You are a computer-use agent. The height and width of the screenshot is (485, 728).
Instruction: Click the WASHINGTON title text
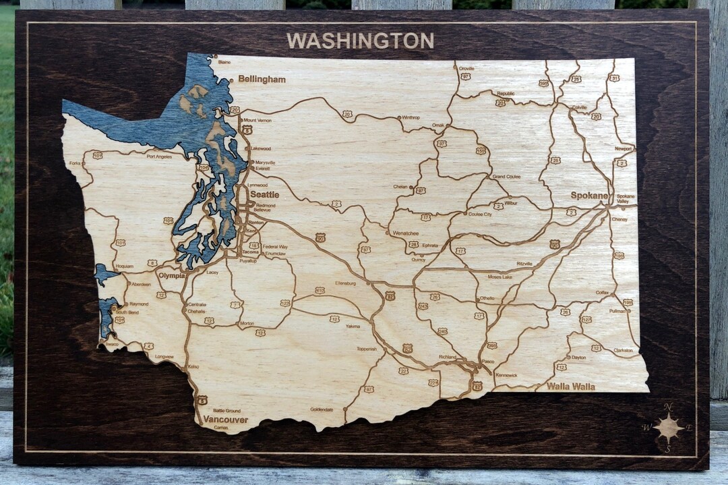360,41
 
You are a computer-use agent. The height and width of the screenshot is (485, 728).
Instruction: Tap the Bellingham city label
262,79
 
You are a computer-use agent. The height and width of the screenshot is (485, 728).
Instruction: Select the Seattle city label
264,194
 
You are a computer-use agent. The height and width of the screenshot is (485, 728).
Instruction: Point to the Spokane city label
589,195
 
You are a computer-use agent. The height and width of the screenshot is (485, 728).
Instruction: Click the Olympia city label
171,275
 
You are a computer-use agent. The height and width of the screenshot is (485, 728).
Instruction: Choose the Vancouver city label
225,420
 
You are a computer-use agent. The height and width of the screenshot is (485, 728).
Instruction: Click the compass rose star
668,427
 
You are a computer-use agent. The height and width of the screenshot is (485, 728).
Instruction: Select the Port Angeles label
159,156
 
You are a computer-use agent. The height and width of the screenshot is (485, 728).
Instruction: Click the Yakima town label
353,326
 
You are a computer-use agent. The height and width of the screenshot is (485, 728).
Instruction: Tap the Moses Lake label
500,277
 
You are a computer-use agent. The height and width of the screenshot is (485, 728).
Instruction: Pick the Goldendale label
322,409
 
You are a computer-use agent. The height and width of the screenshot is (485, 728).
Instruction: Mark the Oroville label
466,68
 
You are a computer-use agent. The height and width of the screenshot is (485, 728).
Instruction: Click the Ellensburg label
345,283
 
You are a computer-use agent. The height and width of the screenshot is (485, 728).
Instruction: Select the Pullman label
617,311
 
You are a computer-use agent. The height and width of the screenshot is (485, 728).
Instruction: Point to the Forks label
74,163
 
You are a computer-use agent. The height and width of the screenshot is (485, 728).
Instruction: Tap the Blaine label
224,62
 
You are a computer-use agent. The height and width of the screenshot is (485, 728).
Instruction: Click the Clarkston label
623,350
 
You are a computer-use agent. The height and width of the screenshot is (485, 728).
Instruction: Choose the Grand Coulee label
506,176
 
